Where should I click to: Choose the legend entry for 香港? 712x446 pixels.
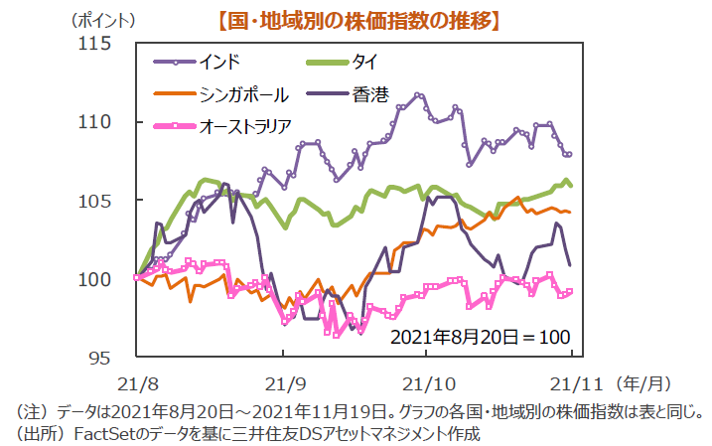(x=368, y=94)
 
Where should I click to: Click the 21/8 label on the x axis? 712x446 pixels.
(x=136, y=381)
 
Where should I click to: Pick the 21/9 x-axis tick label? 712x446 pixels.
(x=284, y=381)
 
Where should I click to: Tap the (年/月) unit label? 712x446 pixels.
(x=646, y=381)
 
